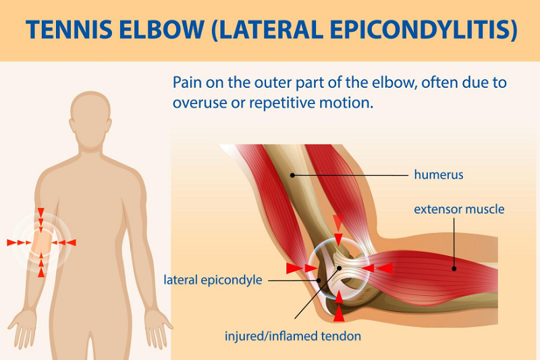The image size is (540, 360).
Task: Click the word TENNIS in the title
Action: click(70, 29)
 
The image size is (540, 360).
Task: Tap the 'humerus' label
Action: click(438, 175)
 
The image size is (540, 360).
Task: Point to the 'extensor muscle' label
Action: click(459, 209)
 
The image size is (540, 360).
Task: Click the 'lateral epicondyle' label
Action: click(213, 280)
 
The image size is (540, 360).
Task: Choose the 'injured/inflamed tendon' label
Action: click(293, 336)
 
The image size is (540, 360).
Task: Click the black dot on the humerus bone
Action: click(292, 176)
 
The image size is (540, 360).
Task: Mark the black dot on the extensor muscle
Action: click(454, 269)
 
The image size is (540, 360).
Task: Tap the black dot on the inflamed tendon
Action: click(340, 268)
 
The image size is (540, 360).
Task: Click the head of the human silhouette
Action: click(90, 119)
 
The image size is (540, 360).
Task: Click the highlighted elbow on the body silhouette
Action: click(41, 242)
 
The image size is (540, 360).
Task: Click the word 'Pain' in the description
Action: click(188, 82)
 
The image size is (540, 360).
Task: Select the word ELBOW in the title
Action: click(162, 29)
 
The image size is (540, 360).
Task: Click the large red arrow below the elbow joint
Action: click(339, 313)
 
